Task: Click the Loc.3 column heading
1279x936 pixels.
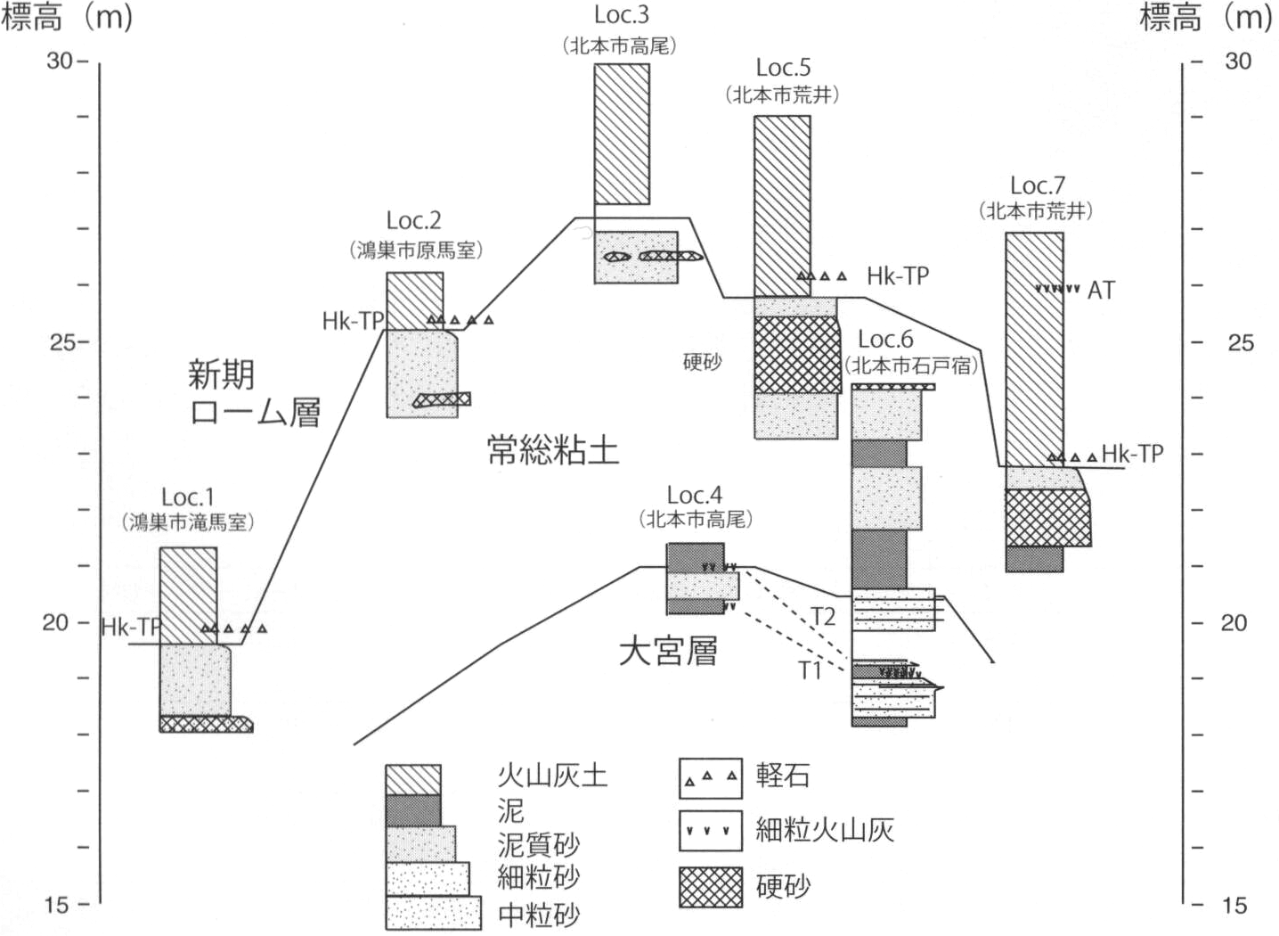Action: (x=621, y=15)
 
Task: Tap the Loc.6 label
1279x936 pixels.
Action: (x=885, y=339)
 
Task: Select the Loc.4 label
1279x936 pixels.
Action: (x=695, y=496)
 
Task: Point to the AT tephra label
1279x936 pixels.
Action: (x=1101, y=291)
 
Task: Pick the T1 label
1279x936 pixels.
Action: (x=809, y=670)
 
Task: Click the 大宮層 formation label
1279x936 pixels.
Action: (x=668, y=651)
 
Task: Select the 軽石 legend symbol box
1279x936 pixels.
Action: (x=710, y=776)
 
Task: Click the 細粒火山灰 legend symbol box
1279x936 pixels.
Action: (x=710, y=831)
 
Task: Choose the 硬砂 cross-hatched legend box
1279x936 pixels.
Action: (x=710, y=887)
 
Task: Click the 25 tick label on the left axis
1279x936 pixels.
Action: (x=61, y=341)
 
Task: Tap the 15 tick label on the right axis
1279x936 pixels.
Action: (x=1234, y=906)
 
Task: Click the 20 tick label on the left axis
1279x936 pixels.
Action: (x=55, y=622)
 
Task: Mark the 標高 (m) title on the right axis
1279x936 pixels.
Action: (x=1206, y=18)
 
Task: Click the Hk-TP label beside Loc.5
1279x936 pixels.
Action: (x=897, y=276)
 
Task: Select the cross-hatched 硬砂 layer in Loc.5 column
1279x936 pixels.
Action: (x=796, y=355)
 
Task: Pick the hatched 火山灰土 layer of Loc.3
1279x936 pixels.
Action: (x=622, y=134)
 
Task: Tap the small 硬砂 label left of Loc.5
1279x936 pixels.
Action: (x=701, y=362)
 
